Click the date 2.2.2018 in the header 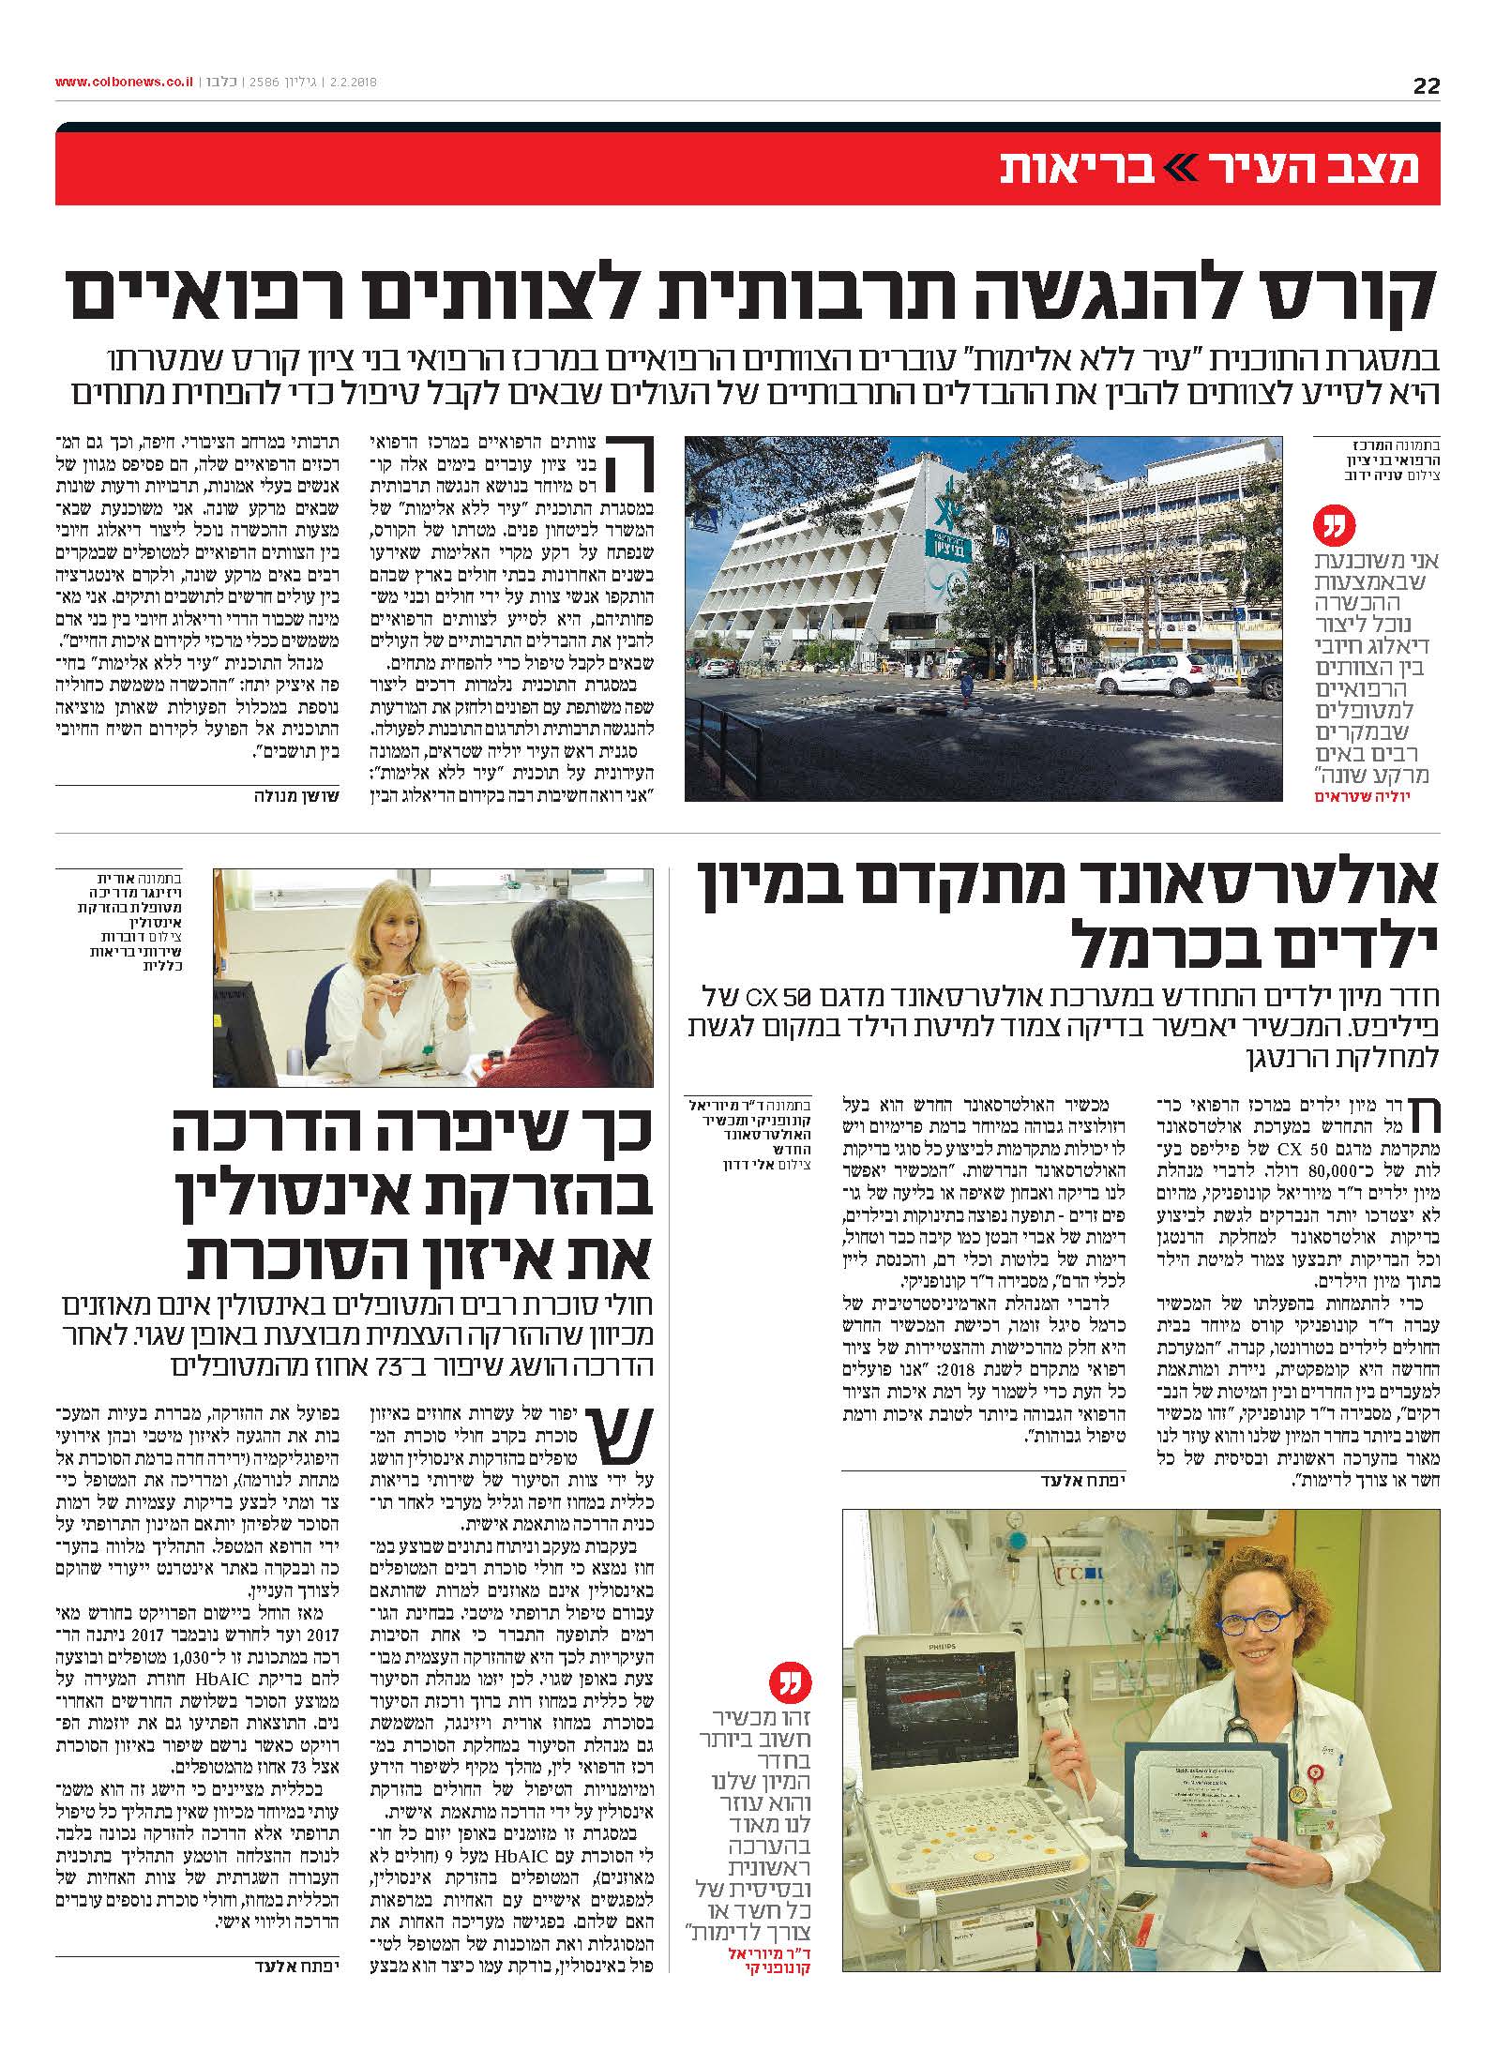click(x=352, y=83)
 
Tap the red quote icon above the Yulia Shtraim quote click(x=1332, y=529)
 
